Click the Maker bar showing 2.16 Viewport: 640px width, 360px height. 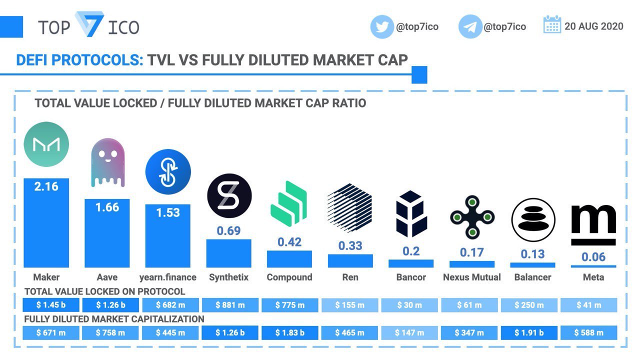click(46, 223)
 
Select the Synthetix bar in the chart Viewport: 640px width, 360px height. click(228, 253)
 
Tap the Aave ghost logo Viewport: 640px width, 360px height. click(107, 163)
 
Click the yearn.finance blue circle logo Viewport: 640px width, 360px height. click(168, 171)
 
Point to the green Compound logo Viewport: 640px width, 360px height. click(288, 203)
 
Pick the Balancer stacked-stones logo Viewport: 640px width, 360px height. click(533, 220)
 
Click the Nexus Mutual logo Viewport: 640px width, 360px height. click(472, 217)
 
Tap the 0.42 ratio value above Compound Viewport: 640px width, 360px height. click(289, 242)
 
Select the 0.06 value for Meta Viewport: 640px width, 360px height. click(593, 257)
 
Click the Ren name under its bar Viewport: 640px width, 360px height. click(350, 277)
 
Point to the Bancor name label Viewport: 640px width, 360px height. click(411, 277)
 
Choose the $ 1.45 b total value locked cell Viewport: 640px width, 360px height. click(51, 305)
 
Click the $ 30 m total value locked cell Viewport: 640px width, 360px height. click(409, 305)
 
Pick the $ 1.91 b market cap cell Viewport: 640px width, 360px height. click(529, 333)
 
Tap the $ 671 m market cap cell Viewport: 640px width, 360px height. click(51, 333)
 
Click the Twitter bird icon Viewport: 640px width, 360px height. click(382, 27)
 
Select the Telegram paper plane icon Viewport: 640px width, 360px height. click(470, 27)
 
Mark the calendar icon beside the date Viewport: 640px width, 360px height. click(552, 24)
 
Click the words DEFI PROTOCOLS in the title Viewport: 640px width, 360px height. click(79, 60)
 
